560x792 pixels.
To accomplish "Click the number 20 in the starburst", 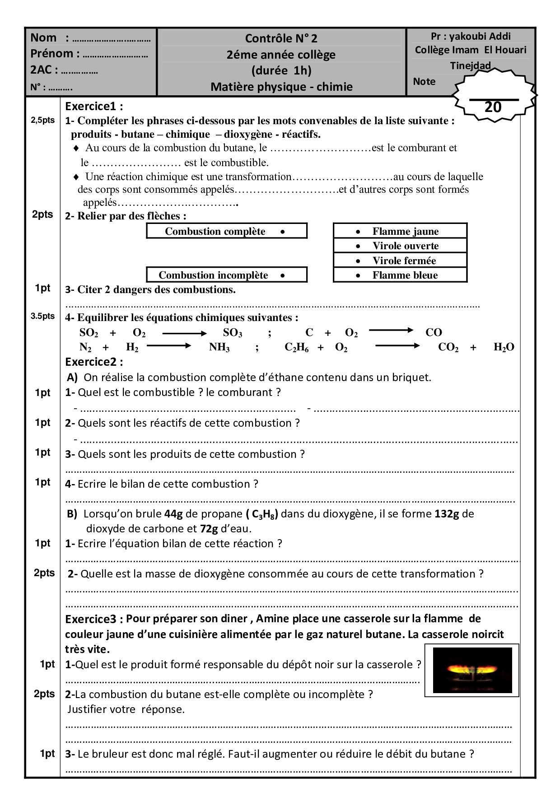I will coord(493,107).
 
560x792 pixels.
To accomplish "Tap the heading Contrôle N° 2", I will coord(281,38).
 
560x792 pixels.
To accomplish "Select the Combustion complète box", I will coord(226,231).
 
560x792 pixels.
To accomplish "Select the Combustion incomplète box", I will coord(226,275).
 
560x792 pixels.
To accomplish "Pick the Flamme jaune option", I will coord(400,231).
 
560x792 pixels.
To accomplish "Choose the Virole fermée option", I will coord(400,261).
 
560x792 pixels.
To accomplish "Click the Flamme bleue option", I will coord(400,275).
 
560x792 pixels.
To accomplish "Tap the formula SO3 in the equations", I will coord(233,333).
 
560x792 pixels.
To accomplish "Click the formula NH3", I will coord(219,347).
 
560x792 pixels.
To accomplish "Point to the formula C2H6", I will coord(296,347).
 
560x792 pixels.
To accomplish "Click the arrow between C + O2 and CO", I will coord(391,331).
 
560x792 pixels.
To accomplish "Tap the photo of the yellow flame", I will coord(472,670).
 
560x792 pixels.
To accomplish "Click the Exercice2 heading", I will coord(94,362).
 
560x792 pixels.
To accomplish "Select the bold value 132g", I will coord(447,513).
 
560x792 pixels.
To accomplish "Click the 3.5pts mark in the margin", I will coord(42,316).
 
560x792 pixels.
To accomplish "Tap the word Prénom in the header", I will coord(51,53).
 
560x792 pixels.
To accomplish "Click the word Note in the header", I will coord(424,82).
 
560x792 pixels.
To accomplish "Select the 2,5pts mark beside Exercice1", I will coord(42,121).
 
